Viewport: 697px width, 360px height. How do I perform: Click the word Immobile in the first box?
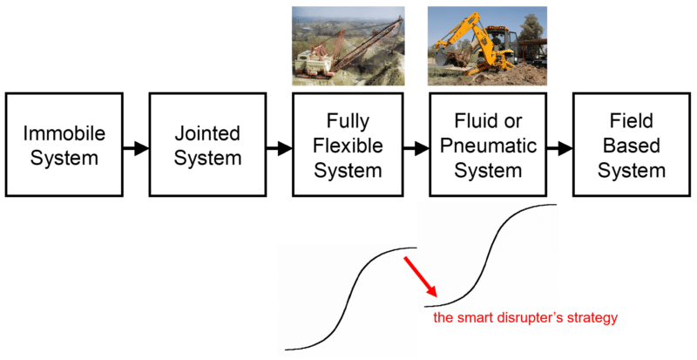click(x=64, y=133)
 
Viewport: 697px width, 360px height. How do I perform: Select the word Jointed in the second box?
click(x=207, y=133)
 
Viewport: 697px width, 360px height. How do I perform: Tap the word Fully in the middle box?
click(x=348, y=121)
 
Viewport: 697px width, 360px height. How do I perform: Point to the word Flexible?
click(x=348, y=146)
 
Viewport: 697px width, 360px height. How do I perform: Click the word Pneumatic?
click(x=488, y=146)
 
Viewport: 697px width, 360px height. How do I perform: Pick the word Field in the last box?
click(x=631, y=120)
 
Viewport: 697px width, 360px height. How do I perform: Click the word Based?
click(x=631, y=146)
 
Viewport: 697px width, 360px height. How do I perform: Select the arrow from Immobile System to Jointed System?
click(x=136, y=148)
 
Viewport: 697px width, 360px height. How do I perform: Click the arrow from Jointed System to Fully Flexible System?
click(x=280, y=148)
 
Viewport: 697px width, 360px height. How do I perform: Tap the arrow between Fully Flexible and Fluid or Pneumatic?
click(x=416, y=148)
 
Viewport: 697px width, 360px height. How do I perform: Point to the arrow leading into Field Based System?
click(x=560, y=148)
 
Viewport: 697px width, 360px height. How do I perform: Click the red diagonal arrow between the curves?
click(x=421, y=276)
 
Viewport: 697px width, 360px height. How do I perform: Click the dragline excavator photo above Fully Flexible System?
click(x=348, y=45)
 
